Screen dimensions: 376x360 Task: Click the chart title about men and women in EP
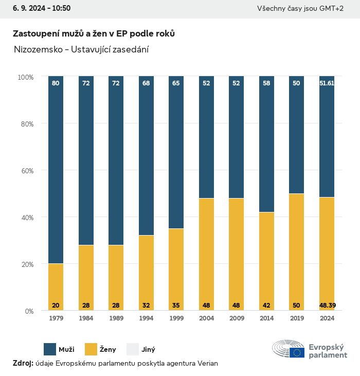coord(94,33)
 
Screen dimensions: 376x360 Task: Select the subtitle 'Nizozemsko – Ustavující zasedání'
coord(82,49)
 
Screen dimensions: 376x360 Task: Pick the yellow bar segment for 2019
coord(296,252)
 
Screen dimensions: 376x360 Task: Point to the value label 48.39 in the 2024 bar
coord(327,306)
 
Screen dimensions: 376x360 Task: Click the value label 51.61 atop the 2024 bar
coord(327,83)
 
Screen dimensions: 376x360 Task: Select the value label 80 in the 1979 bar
coord(56,83)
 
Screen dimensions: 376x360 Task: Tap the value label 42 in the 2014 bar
coord(266,306)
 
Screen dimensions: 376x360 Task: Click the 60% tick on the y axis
coord(26,170)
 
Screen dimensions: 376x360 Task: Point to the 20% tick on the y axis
coord(26,264)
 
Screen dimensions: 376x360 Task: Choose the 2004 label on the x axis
coord(206,318)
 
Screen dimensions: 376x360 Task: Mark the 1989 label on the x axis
coord(116,318)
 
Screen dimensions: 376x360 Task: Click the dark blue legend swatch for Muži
coord(49,349)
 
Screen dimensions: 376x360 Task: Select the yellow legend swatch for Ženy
coord(91,349)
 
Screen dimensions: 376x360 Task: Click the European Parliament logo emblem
coord(289,349)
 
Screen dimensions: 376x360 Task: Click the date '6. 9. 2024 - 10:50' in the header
coord(38,8)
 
